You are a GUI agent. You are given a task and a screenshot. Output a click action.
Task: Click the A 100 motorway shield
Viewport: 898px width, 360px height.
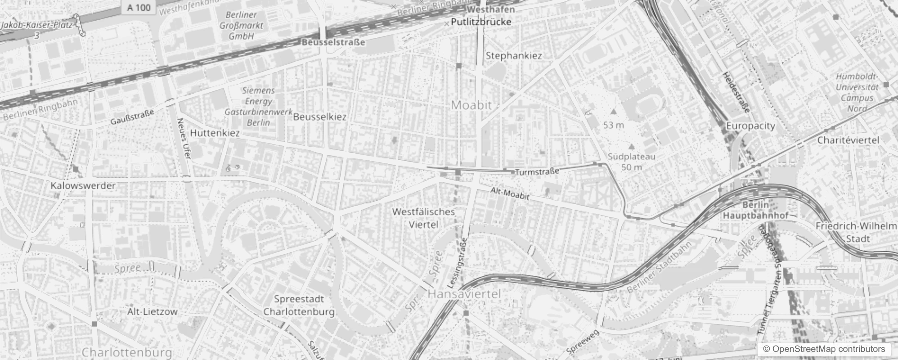click(x=139, y=7)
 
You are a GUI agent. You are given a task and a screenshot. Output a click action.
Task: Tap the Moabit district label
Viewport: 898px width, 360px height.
click(x=471, y=105)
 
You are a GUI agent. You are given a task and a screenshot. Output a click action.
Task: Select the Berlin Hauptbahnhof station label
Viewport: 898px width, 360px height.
click(x=755, y=210)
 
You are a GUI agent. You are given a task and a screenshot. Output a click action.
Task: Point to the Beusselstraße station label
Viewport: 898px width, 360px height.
click(x=333, y=42)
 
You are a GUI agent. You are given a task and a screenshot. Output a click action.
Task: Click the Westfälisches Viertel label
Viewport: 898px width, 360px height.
click(x=423, y=218)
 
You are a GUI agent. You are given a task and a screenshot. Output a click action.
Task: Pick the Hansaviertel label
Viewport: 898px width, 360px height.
click(x=464, y=294)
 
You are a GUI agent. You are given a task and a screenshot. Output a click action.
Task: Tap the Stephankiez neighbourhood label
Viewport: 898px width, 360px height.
click(x=514, y=56)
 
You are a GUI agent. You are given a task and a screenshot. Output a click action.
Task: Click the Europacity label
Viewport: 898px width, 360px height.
click(x=750, y=126)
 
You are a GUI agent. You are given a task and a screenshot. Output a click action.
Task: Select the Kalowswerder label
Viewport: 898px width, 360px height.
click(x=83, y=185)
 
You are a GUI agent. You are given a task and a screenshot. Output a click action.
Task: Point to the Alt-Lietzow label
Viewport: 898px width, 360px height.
click(x=152, y=311)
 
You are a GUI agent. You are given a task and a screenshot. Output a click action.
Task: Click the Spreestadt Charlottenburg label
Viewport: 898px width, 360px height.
click(x=299, y=306)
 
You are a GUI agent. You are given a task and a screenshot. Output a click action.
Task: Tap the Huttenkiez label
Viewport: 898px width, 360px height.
click(x=215, y=133)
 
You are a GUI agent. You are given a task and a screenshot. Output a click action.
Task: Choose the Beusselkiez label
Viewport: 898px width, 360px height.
click(x=320, y=117)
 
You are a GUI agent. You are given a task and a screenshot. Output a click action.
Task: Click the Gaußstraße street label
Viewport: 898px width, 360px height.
click(x=132, y=117)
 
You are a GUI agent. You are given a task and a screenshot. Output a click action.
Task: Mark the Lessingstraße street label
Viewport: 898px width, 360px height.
click(x=458, y=263)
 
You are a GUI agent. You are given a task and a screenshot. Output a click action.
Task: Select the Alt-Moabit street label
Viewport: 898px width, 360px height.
click(x=510, y=193)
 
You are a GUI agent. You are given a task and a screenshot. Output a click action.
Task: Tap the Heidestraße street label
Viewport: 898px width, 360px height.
click(x=736, y=92)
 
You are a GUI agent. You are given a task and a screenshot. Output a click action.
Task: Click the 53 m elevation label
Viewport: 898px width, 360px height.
click(x=614, y=125)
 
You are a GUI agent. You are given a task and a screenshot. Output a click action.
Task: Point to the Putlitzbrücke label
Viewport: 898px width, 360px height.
click(x=481, y=22)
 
